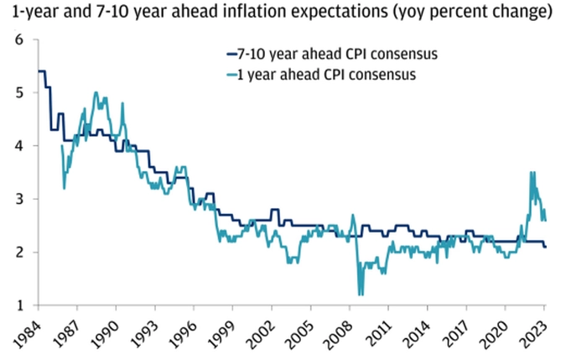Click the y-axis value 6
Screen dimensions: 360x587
click(x=19, y=39)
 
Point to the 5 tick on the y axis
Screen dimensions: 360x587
click(x=19, y=92)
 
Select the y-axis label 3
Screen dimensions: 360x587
click(x=19, y=199)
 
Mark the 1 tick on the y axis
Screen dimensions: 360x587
click(x=19, y=305)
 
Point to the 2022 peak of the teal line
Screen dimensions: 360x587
click(x=532, y=173)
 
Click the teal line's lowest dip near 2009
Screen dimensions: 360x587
click(x=361, y=294)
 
